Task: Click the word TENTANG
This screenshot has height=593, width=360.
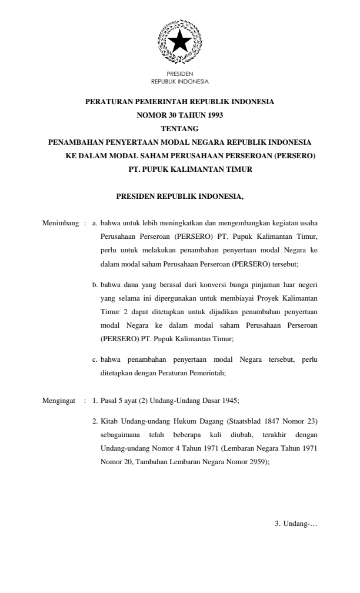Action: [x=179, y=128]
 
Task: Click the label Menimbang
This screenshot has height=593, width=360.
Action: [x=60, y=224]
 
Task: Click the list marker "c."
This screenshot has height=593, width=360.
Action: [x=95, y=359]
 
